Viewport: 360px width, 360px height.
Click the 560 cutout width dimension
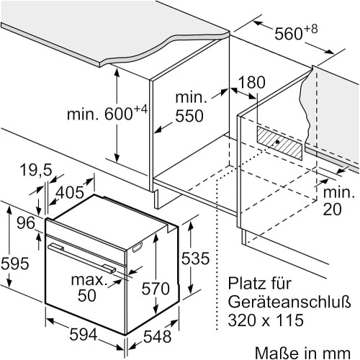pos(296,32)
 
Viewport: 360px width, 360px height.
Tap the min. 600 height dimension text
pos(107,113)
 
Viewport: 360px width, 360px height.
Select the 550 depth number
pos(189,116)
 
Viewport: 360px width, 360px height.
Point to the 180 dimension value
pos(252,82)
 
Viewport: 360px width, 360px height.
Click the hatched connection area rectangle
pos(279,143)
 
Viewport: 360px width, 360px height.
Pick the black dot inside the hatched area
pos(277,142)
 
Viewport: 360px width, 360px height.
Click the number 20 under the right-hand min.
pos(332,209)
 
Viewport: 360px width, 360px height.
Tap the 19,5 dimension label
pos(36,170)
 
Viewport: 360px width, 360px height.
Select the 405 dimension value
pos(70,192)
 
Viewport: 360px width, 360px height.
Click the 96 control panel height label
pos(26,223)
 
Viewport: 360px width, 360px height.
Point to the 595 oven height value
pos(15,263)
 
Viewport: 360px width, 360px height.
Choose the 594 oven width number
pos(84,334)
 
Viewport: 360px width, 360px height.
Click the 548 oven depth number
pos(158,336)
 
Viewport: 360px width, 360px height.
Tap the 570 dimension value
pos(156,288)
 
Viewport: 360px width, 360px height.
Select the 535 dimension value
pos(195,258)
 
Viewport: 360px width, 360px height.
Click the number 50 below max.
pos(87,295)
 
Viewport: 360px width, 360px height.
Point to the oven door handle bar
pos(81,258)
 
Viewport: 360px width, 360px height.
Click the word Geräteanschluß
pos(289,302)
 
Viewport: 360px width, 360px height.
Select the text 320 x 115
pos(266,320)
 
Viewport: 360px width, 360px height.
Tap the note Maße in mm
pos(302,353)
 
